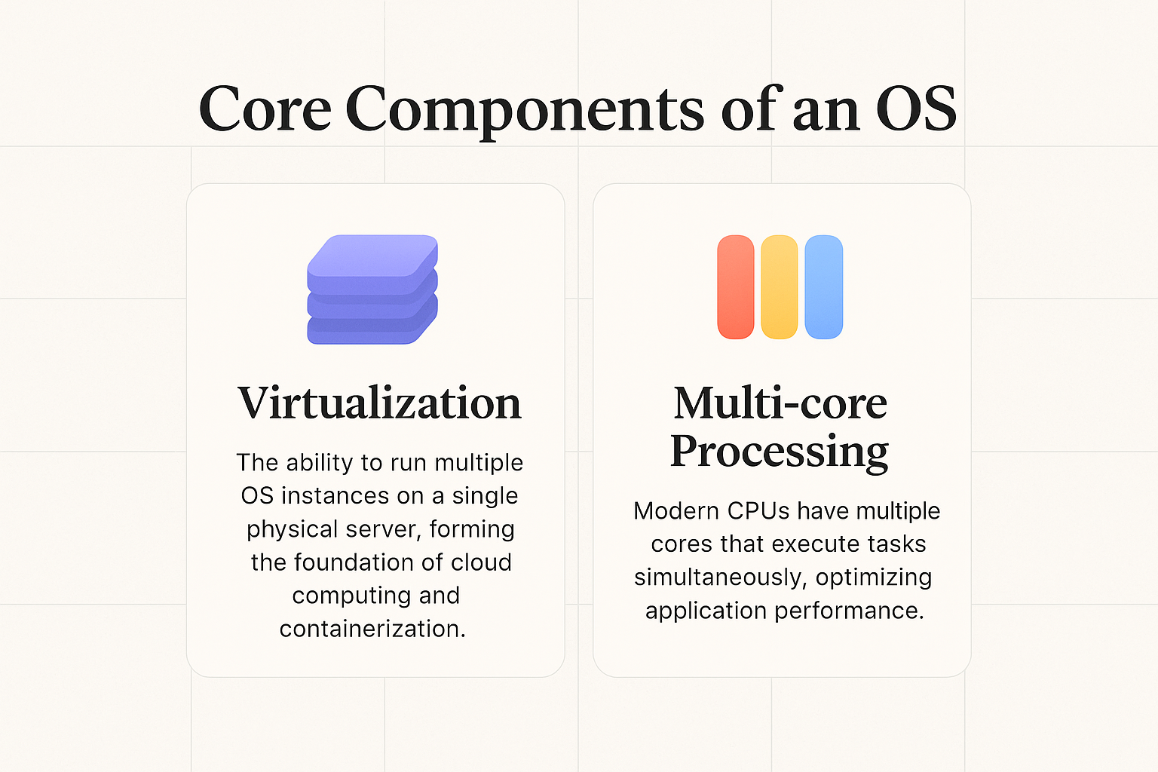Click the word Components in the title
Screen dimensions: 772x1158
pyautogui.click(x=525, y=110)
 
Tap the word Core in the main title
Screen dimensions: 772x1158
pyautogui.click(x=265, y=110)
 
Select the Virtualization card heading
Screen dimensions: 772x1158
pyautogui.click(x=379, y=403)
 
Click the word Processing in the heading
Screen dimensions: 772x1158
pyautogui.click(x=780, y=452)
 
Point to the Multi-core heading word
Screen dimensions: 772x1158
pyautogui.click(x=780, y=403)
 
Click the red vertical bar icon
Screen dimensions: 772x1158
pyautogui.click(x=735, y=287)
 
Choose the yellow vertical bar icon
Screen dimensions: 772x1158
pyautogui.click(x=779, y=287)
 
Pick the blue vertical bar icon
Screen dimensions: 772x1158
pyautogui.click(x=823, y=287)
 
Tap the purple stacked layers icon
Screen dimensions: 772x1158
pyautogui.click(x=372, y=289)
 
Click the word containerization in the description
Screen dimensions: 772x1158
pyautogui.click(x=372, y=629)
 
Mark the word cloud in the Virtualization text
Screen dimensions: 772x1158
pyautogui.click(x=481, y=562)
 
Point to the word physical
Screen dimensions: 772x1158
pyautogui.click(x=291, y=529)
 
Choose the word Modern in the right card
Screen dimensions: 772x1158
pyautogui.click(x=676, y=511)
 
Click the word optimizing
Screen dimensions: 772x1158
pyautogui.click(x=874, y=577)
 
